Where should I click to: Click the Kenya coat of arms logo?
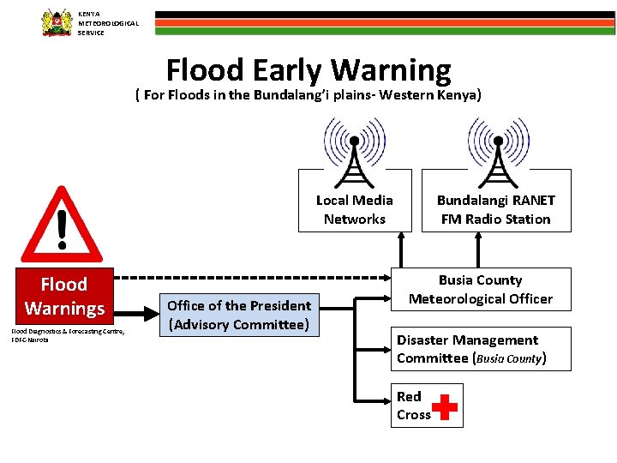[x=57, y=22]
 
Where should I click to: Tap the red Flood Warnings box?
[x=65, y=297]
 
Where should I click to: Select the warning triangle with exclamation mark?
[x=62, y=225]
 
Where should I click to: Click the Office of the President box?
[x=239, y=315]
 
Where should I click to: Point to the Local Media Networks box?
[x=355, y=210]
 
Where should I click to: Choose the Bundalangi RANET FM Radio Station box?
[x=495, y=210]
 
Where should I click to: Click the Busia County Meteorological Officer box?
[x=480, y=290]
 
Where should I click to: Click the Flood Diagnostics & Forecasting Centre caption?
[x=68, y=335]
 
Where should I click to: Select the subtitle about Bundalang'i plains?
[x=308, y=95]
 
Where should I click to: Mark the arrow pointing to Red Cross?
[x=381, y=403]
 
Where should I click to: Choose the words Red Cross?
[x=413, y=406]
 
